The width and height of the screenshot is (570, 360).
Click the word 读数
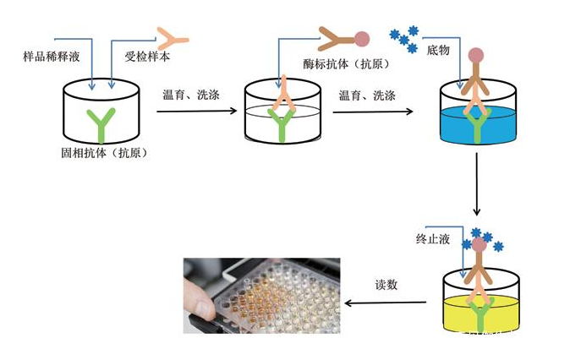click(x=388, y=284)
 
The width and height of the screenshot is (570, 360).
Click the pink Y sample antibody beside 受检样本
click(x=174, y=36)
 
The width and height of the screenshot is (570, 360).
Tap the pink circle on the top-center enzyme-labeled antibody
click(x=362, y=38)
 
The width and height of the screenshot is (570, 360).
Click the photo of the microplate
click(x=261, y=295)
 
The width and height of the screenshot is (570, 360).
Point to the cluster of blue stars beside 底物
click(x=404, y=37)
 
